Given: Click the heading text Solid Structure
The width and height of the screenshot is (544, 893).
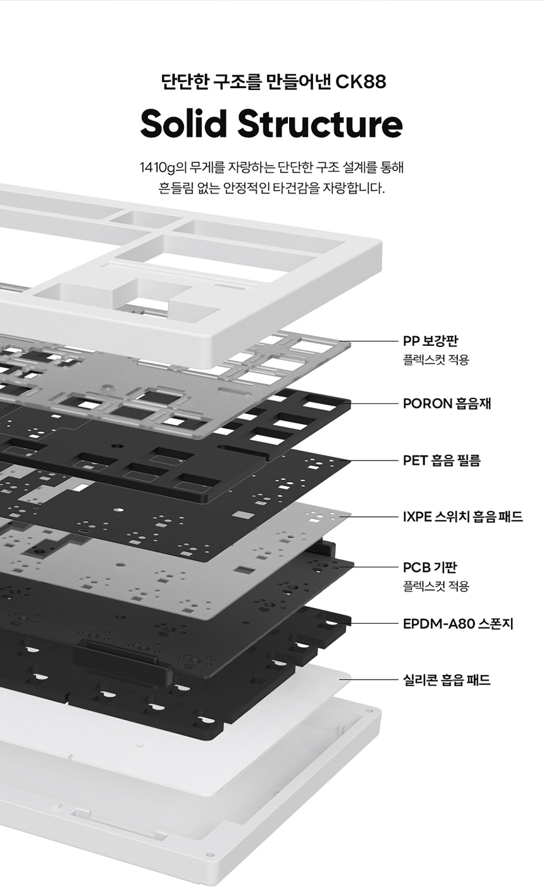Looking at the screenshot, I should point(271,124).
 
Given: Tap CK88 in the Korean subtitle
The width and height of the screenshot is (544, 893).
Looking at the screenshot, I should point(361,82).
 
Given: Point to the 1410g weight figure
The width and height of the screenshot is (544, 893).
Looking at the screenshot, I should point(158,168).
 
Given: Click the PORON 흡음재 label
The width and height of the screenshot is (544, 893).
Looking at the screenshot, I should point(447,403).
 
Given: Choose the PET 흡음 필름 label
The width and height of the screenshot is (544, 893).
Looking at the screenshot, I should point(442,460).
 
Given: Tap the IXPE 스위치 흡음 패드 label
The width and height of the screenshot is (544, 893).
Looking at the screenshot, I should point(462,517).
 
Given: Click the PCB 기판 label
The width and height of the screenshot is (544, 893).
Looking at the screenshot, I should point(430,567).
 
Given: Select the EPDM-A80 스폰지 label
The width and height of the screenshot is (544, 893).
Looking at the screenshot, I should point(458,624).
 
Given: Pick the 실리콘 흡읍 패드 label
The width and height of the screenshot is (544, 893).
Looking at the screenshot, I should point(447,680).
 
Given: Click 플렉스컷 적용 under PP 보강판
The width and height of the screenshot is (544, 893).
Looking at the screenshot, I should point(436,360).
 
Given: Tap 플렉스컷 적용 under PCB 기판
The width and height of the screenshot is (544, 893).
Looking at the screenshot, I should point(436,586).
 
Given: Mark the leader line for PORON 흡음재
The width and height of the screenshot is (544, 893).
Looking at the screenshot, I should point(373,403).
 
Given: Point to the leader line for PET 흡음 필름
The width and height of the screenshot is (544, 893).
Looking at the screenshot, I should point(373,460).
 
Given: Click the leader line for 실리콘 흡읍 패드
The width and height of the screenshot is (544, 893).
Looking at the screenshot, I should point(370,680).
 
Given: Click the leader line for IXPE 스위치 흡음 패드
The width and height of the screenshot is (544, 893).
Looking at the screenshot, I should point(370,517).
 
